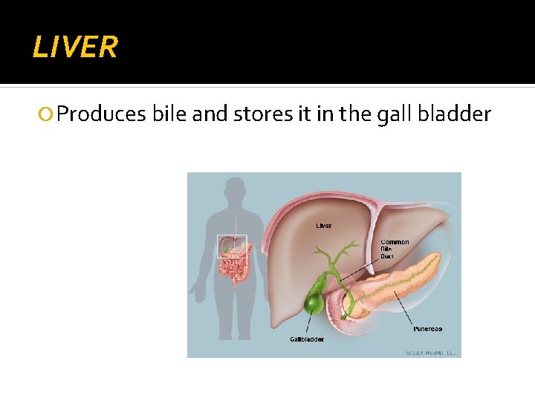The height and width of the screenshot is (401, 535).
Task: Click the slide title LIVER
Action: point(75,48)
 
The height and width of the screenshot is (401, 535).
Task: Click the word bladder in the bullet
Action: point(455,114)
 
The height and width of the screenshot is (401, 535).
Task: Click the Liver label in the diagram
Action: point(324,225)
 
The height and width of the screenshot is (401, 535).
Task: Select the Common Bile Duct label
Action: point(395,249)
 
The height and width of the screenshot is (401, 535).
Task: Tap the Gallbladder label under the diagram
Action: point(307,339)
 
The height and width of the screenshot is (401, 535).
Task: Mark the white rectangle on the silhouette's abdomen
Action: point(231,246)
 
